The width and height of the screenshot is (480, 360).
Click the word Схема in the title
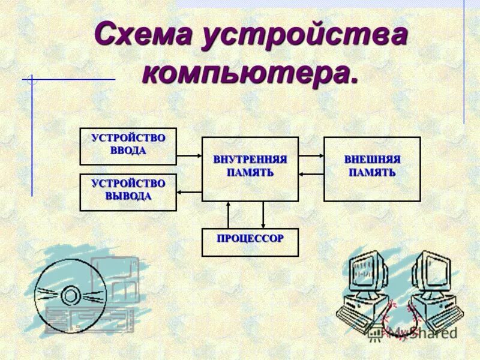tap(143, 36)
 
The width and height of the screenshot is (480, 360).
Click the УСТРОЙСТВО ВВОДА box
tap(128, 146)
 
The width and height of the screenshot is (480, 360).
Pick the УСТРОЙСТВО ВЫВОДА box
tap(128, 192)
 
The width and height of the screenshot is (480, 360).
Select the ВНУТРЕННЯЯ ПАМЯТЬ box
tap(250, 169)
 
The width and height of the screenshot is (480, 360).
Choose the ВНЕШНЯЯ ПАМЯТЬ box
tap(372, 169)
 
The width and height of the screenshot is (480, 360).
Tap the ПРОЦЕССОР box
tap(250, 242)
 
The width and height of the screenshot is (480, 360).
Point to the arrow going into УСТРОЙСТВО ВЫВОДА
tap(189, 192)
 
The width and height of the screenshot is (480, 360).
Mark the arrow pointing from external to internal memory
tap(311, 175)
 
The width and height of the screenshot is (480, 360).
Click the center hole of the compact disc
tap(71, 295)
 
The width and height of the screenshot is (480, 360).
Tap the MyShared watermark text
tap(420, 332)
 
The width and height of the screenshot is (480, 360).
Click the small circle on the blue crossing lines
tap(32, 79)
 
